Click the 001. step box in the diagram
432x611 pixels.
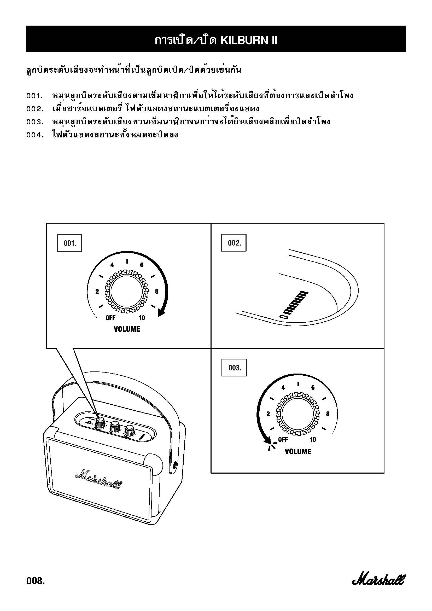(69, 243)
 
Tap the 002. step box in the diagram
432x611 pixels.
(234, 243)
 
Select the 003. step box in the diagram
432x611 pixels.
(234, 368)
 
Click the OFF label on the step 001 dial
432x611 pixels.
(110, 318)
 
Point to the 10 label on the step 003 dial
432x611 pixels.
(313, 440)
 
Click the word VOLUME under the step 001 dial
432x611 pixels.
(127, 329)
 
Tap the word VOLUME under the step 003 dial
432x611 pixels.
(298, 452)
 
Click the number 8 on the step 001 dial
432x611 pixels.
(157, 292)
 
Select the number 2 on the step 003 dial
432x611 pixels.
(268, 414)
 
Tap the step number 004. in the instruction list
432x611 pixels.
(35, 135)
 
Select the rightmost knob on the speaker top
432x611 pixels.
(130, 430)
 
